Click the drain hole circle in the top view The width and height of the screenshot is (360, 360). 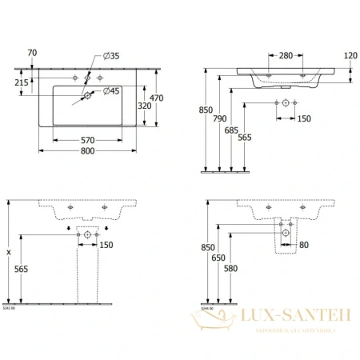86,95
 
